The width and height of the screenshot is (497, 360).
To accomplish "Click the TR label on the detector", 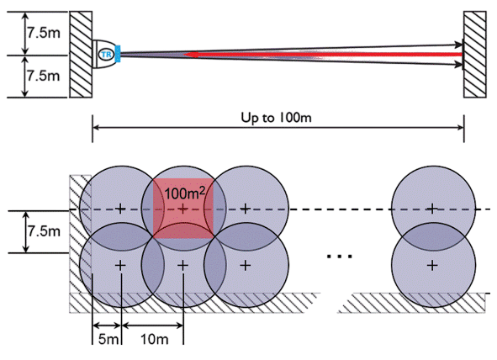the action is click(107, 55).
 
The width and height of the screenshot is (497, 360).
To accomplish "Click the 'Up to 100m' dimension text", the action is click(276, 118).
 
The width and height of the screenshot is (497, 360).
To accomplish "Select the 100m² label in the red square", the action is click(185, 193).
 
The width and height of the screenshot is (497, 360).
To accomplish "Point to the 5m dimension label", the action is click(108, 340).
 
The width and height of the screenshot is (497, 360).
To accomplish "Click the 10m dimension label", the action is click(155, 340).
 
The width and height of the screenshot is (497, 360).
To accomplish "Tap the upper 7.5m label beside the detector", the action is click(44, 33).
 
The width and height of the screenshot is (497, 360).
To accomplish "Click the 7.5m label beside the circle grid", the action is click(44, 231).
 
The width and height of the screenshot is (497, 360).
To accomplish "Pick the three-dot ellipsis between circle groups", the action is click(340, 256).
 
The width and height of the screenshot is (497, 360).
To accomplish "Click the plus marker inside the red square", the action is click(182, 209).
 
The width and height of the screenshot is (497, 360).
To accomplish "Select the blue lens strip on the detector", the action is click(118, 54).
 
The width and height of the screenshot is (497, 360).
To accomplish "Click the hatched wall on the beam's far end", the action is click(475, 54).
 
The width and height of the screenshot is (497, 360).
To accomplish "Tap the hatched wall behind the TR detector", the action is click(81, 54).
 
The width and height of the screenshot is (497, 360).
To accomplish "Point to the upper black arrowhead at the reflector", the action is click(458, 45).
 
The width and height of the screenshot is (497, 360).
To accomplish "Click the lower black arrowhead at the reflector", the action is click(458, 64).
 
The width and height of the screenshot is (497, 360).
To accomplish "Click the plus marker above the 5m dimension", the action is click(120, 265).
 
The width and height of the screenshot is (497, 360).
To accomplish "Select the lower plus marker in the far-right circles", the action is click(432, 265).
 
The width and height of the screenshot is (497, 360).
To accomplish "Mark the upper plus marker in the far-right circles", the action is click(432, 209).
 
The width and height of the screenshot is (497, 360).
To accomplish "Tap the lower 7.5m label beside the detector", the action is click(44, 76).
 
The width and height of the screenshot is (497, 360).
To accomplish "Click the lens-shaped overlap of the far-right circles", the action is click(433, 236).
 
